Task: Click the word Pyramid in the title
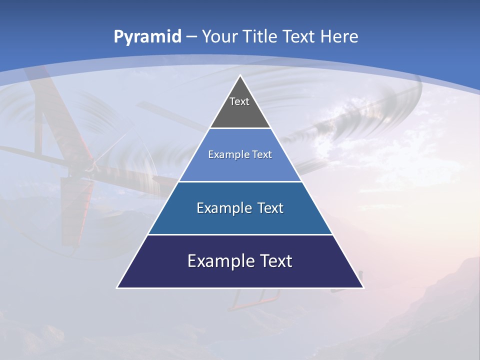click(x=147, y=37)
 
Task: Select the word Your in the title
click(x=219, y=36)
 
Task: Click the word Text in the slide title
click(x=299, y=36)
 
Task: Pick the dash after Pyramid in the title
click(x=191, y=37)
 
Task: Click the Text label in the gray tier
click(x=239, y=101)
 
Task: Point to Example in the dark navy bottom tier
click(x=219, y=261)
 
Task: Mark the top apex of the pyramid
click(x=240, y=75)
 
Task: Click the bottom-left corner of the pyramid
click(x=117, y=287)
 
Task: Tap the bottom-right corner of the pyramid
click(x=363, y=287)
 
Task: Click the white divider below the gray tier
click(x=240, y=128)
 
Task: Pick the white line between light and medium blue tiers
click(x=240, y=181)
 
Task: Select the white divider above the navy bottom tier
click(x=240, y=234)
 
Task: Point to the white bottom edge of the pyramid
click(x=240, y=288)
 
